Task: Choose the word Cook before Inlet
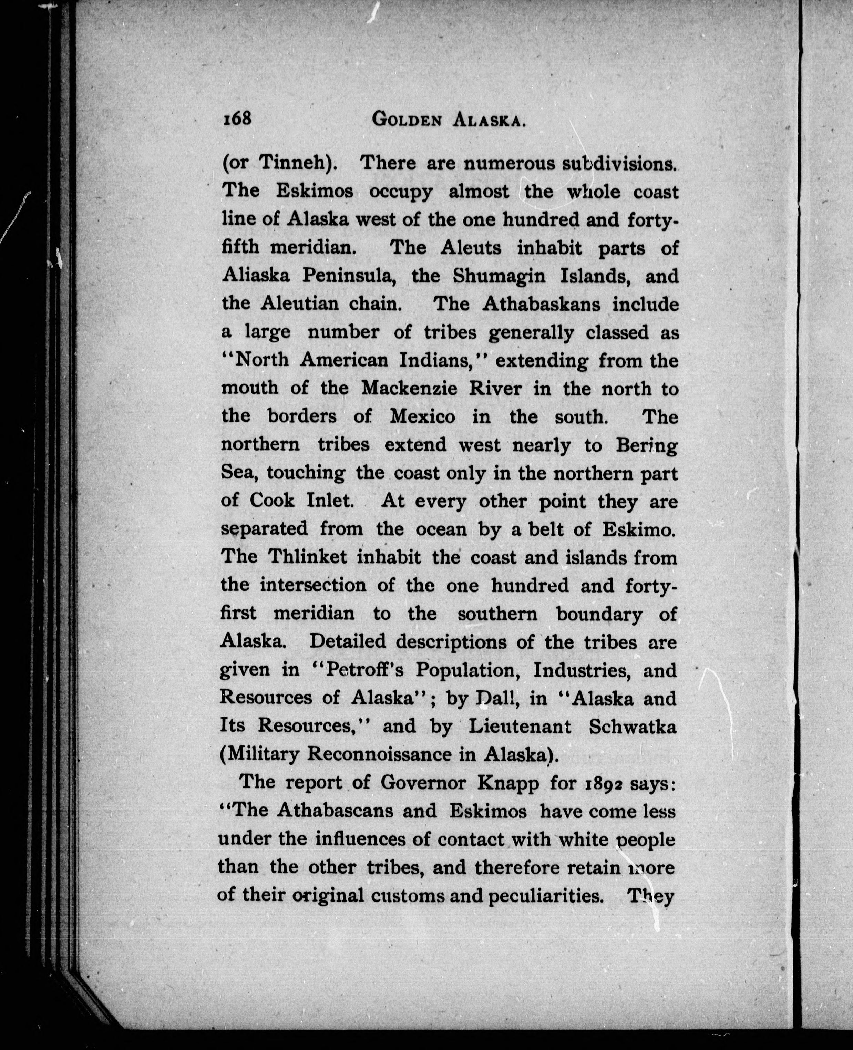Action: [272, 501]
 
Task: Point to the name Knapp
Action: [510, 783]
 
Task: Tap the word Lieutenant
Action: [520, 726]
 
